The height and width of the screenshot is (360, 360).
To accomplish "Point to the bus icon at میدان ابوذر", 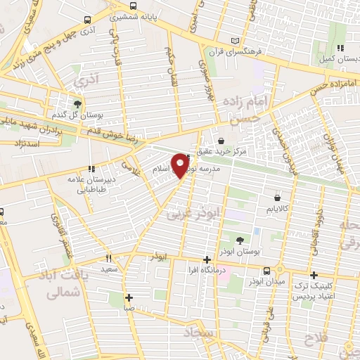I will [267, 271].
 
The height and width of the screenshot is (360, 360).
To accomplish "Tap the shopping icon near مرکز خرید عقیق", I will [221, 141].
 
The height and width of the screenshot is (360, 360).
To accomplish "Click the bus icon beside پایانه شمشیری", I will [86, 20].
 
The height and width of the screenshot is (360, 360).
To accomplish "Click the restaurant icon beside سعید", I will [108, 257].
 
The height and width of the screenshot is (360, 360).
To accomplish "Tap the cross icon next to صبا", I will [128, 296].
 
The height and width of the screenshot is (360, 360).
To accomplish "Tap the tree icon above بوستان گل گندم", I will [77, 103].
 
